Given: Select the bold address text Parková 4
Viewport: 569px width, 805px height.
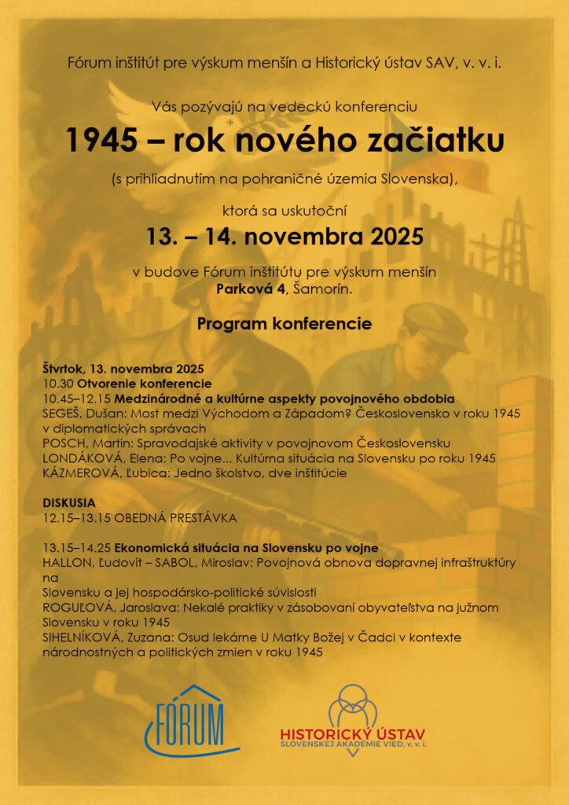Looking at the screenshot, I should pos(247,289).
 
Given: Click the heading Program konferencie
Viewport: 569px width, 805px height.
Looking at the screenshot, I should pos(284,323).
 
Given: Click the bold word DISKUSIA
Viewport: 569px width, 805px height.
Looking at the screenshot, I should pos(69,502).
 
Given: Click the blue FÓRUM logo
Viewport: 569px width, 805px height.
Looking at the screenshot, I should pos(182,719).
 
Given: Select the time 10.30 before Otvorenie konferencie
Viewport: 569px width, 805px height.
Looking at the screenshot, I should pos(57,384).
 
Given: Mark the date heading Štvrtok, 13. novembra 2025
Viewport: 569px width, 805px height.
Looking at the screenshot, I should pos(123,369).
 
